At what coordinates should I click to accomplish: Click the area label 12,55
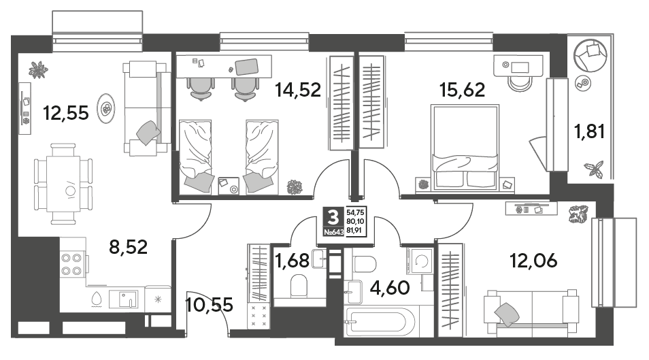pyautogui.click(x=66, y=113)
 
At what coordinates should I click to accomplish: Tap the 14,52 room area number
pyautogui.click(x=298, y=89)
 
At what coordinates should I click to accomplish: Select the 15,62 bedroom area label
pyautogui.click(x=463, y=89)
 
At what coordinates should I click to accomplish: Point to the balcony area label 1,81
pyautogui.click(x=589, y=132)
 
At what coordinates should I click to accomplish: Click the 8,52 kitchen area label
pyautogui.click(x=129, y=247)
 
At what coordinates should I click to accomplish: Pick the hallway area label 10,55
pyautogui.click(x=210, y=305)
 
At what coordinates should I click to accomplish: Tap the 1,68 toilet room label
pyautogui.click(x=293, y=261)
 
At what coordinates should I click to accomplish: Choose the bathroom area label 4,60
pyautogui.click(x=390, y=287)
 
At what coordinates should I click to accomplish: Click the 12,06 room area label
pyautogui.click(x=533, y=261)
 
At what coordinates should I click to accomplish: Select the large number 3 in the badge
pyautogui.click(x=333, y=216)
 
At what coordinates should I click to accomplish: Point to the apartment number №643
pyautogui.click(x=333, y=232)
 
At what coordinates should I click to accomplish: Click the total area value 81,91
pyautogui.click(x=355, y=229)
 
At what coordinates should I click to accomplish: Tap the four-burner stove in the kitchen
pyautogui.click(x=72, y=265)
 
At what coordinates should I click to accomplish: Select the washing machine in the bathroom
pyautogui.click(x=420, y=261)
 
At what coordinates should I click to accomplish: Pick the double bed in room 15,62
pyautogui.click(x=465, y=148)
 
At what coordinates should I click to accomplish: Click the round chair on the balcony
pyautogui.click(x=590, y=55)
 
